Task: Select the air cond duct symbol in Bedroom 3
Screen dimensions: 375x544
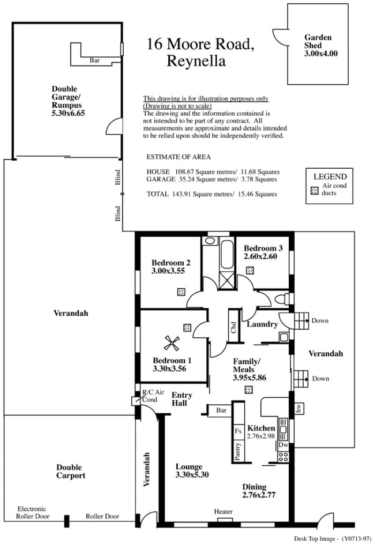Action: pos(250,270)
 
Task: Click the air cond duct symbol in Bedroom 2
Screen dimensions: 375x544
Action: pos(181,292)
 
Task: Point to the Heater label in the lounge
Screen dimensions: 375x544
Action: pos(223,511)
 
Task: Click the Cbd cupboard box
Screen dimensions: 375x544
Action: pos(233,326)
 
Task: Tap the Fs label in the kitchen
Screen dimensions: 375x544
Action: pos(238,431)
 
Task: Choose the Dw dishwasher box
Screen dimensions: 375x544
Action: pos(283,445)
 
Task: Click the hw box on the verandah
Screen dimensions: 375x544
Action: pos(299,409)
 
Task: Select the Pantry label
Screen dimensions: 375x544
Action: pos(238,451)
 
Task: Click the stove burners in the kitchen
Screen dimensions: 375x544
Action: pos(283,456)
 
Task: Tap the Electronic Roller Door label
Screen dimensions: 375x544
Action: pos(32,513)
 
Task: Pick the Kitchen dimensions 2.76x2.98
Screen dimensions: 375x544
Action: pos(261,436)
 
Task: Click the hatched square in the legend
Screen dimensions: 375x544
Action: pos(314,190)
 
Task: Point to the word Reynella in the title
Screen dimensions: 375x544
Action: pos(196,61)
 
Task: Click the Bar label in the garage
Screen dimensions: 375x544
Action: pos(94,60)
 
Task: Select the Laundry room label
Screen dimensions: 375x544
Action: pos(262,324)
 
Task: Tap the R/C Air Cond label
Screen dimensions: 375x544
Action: pos(153,396)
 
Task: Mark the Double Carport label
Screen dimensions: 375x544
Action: pos(71,471)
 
